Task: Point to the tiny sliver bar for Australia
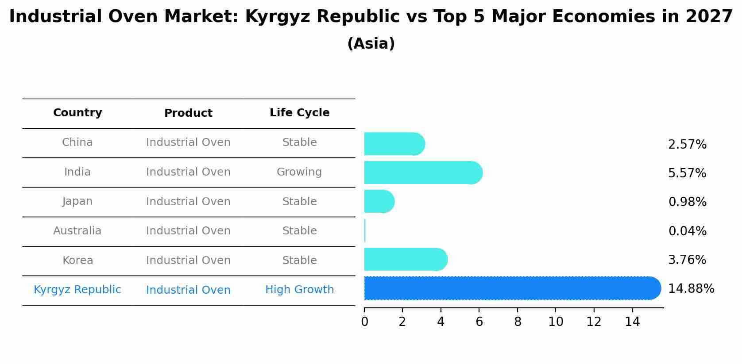(365, 230)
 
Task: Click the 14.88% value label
(691, 289)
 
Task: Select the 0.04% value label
(687, 231)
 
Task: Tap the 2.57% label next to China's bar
(687, 145)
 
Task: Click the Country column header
(77, 113)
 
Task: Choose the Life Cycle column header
(299, 113)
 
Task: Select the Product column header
(188, 113)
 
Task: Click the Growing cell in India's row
(299, 172)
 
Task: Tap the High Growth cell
(299, 290)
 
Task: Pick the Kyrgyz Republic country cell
(77, 290)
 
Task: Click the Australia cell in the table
(77, 231)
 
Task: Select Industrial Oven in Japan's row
(188, 202)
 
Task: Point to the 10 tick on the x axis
(556, 322)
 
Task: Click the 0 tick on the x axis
(364, 322)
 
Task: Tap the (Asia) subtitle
(371, 44)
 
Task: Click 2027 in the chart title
(709, 17)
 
